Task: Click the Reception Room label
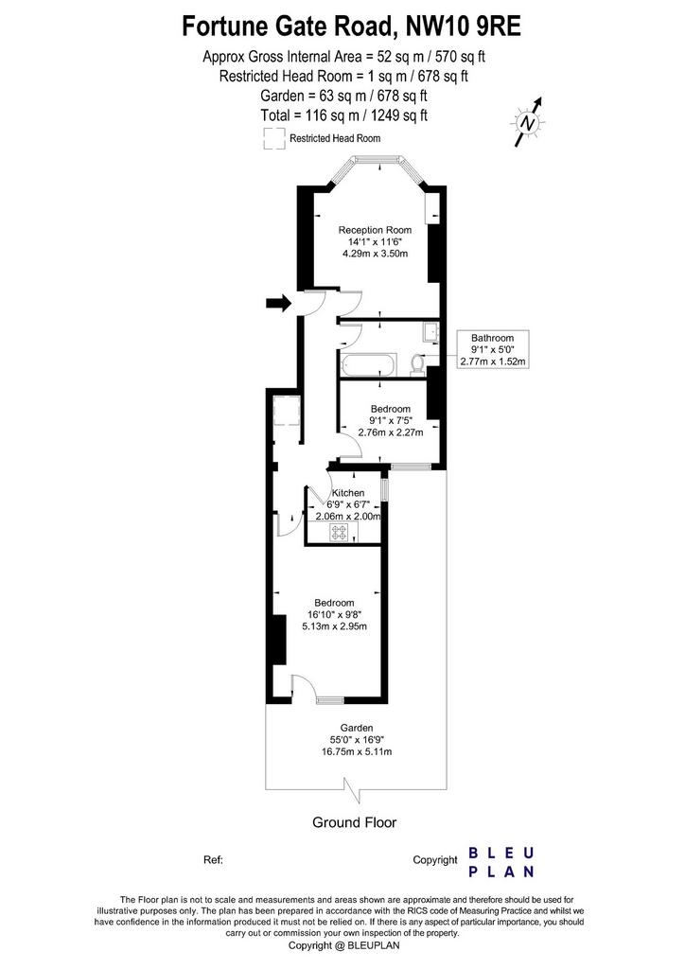click(375, 230)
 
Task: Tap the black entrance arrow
click(278, 303)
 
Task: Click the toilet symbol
click(418, 364)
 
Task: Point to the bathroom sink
click(430, 333)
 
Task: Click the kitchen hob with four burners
click(340, 532)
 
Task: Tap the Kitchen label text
click(348, 493)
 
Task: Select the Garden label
click(357, 728)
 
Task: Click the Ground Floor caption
click(355, 822)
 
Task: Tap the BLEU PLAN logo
click(501, 862)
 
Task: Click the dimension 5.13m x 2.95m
click(334, 626)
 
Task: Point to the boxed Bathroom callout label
click(492, 350)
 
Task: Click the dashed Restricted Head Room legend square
click(274, 138)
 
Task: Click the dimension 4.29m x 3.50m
click(375, 254)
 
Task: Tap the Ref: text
click(213, 859)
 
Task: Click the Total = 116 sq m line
click(344, 115)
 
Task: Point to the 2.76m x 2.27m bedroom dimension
click(391, 432)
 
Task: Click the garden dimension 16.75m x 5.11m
click(357, 751)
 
